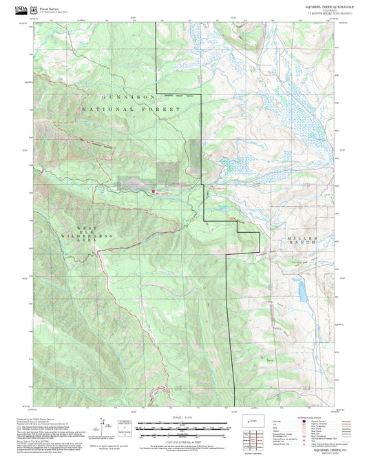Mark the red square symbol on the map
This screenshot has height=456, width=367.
click(153, 191)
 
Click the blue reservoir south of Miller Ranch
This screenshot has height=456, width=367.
click(302, 291)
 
